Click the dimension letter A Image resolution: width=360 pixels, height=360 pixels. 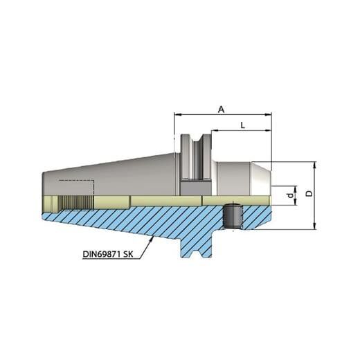pyautogui.click(x=222, y=108)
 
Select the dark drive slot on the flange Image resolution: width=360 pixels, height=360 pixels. pyautogui.click(x=194, y=187)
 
